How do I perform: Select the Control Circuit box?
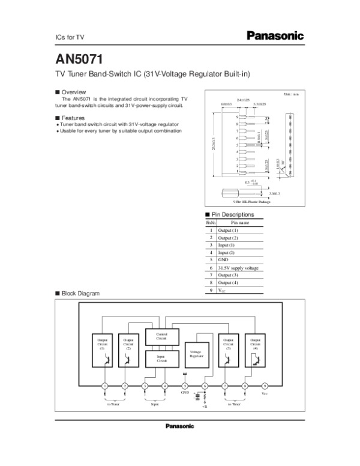161,336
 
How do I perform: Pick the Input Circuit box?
161,359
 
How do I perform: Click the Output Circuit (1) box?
102,349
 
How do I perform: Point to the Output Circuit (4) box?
256,349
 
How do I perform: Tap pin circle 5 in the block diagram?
185,386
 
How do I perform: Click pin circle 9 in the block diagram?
265,386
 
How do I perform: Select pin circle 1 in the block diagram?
104,386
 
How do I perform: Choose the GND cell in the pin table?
223,259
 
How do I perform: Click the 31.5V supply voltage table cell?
238,267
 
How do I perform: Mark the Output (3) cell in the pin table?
228,274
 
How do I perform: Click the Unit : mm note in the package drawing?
291,95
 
